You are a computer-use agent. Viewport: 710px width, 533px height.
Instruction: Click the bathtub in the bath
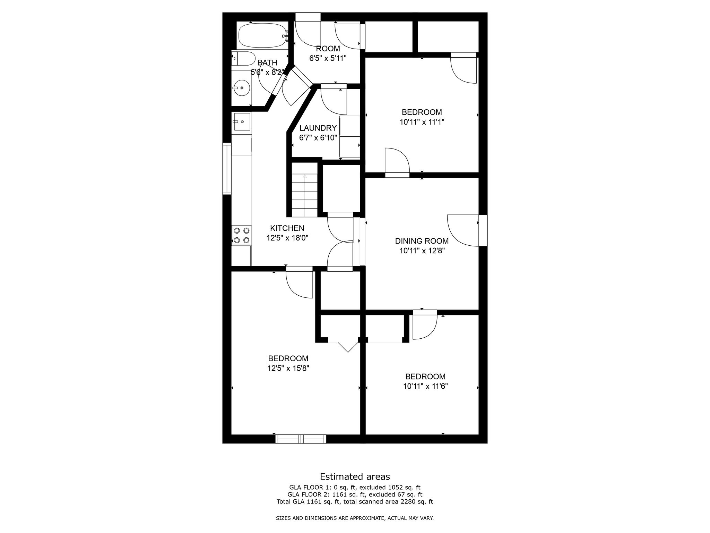[263, 35]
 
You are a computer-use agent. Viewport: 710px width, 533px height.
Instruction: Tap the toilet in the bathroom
[243, 59]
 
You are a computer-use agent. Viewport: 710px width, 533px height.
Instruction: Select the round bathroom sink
[241, 88]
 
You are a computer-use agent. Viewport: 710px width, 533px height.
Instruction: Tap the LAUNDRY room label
[318, 128]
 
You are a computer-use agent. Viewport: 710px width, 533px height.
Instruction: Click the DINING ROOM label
[422, 241]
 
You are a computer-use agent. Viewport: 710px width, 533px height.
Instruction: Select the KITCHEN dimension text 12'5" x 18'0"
[287, 238]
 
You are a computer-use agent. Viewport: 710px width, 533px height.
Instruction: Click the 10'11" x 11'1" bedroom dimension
[422, 122]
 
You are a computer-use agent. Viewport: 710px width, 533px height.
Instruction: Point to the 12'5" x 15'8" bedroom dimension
[288, 368]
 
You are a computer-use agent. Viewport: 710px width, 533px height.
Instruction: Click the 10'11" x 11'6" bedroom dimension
[425, 386]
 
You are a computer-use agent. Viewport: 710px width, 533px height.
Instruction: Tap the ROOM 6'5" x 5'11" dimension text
[328, 58]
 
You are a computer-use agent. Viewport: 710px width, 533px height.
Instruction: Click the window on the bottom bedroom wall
[301, 439]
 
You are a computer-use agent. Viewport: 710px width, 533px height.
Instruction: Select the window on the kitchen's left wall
[227, 168]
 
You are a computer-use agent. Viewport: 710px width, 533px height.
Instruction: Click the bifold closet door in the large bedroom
[348, 347]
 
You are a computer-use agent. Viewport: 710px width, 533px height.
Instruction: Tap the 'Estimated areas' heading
[355, 476]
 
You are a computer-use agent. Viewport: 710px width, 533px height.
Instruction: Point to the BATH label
[267, 63]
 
